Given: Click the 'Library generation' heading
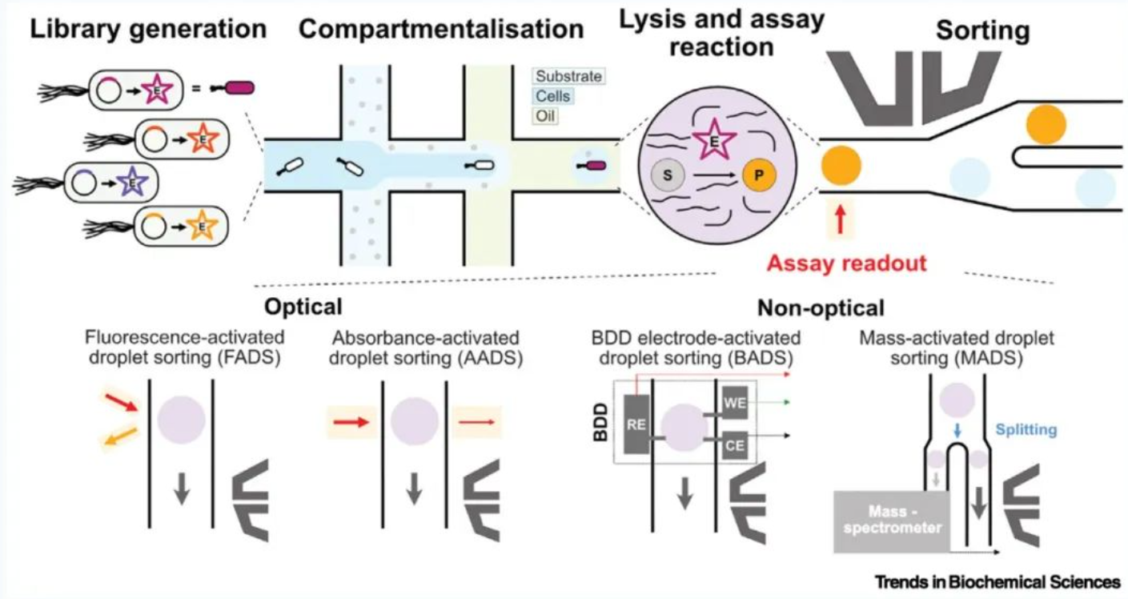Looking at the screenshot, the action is [x=148, y=29].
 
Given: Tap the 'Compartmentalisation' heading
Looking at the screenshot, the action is [x=441, y=29].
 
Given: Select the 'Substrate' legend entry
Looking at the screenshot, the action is [x=568, y=77].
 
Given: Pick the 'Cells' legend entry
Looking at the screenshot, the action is [x=552, y=96].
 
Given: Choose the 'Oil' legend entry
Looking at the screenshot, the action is [x=545, y=116].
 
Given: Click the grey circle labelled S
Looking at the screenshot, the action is [x=667, y=175].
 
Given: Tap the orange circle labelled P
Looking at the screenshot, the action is [x=759, y=175].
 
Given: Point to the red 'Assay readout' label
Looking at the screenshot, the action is [x=846, y=263].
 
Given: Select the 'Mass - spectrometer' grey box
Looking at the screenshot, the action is [x=892, y=521].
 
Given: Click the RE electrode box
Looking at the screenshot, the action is [x=636, y=424].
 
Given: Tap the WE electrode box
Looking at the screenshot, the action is [x=735, y=403].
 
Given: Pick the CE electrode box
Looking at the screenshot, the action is [x=735, y=445].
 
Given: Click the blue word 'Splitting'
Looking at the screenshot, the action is [x=1026, y=430].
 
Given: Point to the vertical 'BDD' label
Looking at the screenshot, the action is [x=600, y=422].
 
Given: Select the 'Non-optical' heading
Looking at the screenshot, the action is [x=821, y=308].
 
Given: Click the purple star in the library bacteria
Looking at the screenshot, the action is [x=132, y=182].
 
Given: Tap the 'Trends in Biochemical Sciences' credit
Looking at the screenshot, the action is [x=998, y=582].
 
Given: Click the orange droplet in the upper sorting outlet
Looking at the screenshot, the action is [x=1046, y=124].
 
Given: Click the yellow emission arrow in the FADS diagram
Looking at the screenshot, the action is [x=121, y=436].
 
